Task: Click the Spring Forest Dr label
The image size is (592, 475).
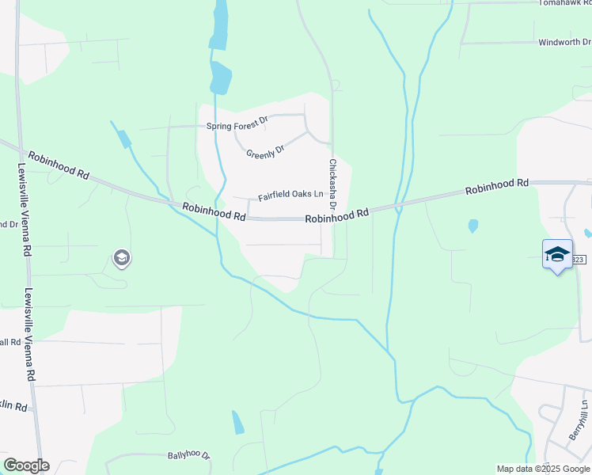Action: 237,126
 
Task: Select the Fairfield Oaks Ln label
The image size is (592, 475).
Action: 291,195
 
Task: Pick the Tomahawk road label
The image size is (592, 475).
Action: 564,3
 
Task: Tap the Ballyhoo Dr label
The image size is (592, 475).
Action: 188,456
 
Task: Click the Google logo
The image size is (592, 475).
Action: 26,465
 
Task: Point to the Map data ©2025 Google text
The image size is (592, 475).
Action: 543,469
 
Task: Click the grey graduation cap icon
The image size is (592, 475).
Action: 121,257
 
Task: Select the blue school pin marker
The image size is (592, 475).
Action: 557,255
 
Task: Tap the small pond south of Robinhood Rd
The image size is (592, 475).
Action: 473,226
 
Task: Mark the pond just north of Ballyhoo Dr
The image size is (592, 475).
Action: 237,423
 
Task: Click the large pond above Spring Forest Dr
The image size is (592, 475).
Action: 221,78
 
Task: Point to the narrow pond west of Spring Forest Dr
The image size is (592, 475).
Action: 123,139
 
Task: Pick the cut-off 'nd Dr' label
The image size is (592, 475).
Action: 9,224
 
